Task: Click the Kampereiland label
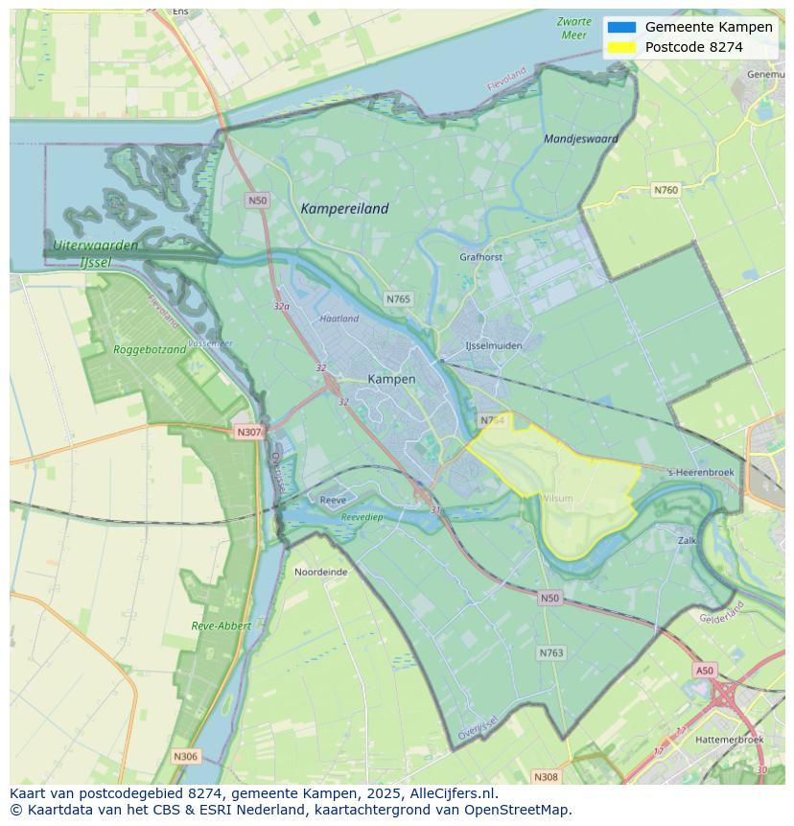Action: click(x=344, y=208)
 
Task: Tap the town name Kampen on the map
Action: click(x=391, y=379)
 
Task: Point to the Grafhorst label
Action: click(x=480, y=257)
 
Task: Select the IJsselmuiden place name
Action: click(x=493, y=345)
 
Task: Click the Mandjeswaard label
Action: click(x=580, y=138)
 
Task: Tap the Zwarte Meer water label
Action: click(x=573, y=28)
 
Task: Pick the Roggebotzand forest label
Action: click(x=150, y=350)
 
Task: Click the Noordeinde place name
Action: click(x=320, y=572)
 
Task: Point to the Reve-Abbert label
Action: click(x=221, y=625)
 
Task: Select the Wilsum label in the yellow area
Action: click(x=557, y=498)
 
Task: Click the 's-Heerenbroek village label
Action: click(x=701, y=473)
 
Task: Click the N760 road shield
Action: click(x=666, y=190)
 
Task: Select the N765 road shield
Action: click(x=398, y=299)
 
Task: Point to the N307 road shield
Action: click(x=248, y=432)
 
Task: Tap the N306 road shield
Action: click(x=185, y=757)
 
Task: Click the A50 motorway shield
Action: click(x=704, y=671)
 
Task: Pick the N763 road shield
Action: click(x=550, y=653)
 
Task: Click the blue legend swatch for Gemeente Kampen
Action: click(x=621, y=27)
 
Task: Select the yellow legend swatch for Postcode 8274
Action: click(x=621, y=47)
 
